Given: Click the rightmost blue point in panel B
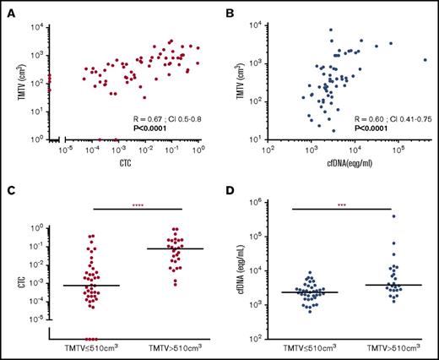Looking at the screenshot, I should (425, 60).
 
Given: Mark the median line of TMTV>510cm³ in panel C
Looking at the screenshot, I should (179, 248).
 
